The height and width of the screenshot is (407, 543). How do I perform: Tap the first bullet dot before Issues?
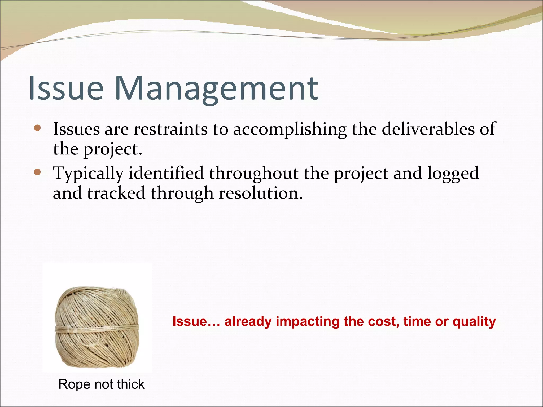(37, 129)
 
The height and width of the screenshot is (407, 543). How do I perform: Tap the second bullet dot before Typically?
(37, 172)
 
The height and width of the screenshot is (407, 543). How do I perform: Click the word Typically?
(89, 174)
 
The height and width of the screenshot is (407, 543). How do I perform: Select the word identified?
(166, 173)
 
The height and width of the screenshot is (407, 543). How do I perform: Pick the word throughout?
(253, 174)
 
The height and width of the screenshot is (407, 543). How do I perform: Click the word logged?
(453, 174)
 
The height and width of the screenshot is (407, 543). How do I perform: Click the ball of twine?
(97, 327)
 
